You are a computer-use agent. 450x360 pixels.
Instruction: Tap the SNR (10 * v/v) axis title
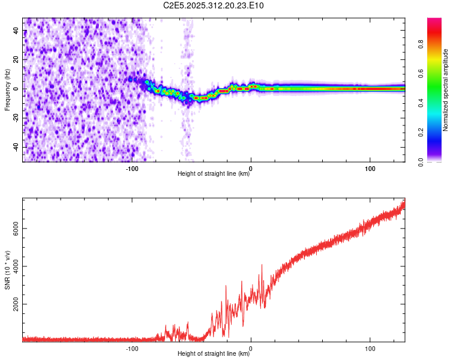[7, 269]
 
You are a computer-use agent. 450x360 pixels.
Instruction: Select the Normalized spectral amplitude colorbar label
[446, 90]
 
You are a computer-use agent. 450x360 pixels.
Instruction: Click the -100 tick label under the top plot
[132, 168]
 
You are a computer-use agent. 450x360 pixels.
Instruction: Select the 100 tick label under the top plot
[370, 168]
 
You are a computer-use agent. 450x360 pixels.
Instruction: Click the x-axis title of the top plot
[214, 175]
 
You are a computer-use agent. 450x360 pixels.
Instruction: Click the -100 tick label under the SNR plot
[132, 348]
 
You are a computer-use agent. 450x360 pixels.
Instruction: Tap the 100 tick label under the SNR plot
[370, 348]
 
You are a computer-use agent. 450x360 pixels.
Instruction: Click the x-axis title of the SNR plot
[214, 355]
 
